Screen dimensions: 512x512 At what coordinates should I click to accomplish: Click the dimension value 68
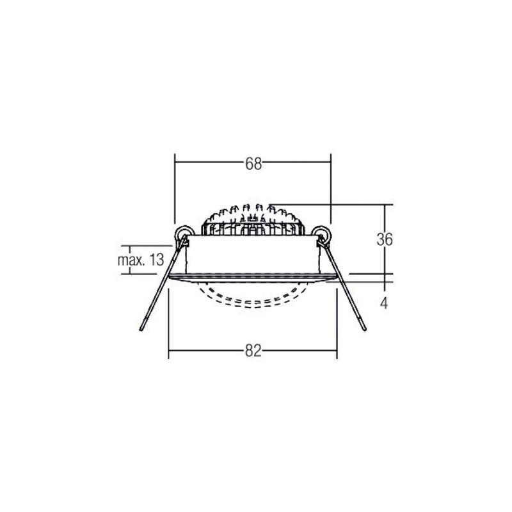(x=253, y=164)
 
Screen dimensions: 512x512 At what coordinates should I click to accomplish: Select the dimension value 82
(x=253, y=351)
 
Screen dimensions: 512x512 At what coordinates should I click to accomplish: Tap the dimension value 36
(x=385, y=239)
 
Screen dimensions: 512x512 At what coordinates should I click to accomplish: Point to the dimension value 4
(x=384, y=303)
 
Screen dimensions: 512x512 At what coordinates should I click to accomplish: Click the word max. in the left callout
(x=131, y=260)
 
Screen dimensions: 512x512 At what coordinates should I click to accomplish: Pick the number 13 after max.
(x=156, y=260)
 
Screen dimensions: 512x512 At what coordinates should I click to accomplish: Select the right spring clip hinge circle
(x=321, y=234)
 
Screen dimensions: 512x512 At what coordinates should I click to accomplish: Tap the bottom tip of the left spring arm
(x=141, y=329)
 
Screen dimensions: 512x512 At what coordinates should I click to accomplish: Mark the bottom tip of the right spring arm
(x=364, y=329)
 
